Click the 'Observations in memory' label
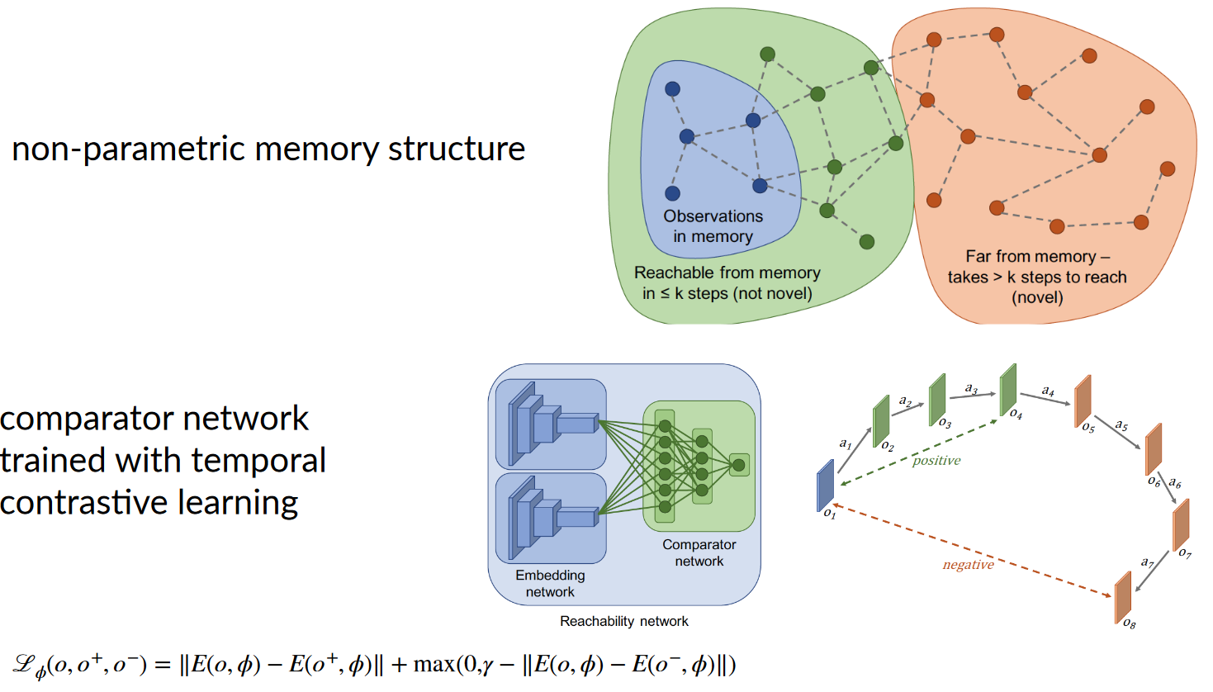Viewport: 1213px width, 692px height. (x=713, y=226)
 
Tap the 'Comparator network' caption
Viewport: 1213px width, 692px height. (x=699, y=552)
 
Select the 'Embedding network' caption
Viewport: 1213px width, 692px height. (x=550, y=583)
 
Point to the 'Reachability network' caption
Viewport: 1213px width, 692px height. (x=623, y=621)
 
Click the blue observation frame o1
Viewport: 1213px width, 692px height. (x=825, y=486)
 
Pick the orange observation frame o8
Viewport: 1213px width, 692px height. (x=1123, y=597)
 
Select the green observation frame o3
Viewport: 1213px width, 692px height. (x=937, y=400)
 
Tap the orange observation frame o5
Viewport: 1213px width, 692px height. (x=1083, y=401)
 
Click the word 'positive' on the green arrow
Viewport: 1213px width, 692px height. (x=936, y=461)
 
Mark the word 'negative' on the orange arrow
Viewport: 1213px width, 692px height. (x=968, y=565)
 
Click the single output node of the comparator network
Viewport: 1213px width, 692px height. (x=739, y=465)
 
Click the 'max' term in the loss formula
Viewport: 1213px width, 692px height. (x=434, y=664)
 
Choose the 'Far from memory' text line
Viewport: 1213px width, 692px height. (x=1037, y=257)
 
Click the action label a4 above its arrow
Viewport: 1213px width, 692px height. (x=1048, y=391)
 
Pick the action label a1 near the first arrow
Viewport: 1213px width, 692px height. (x=846, y=443)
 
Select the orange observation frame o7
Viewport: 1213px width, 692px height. (x=1182, y=524)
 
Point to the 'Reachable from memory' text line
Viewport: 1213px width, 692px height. (x=727, y=273)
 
